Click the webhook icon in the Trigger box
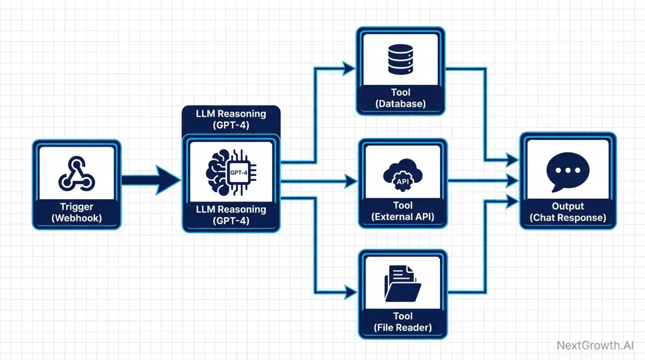(x=77, y=174)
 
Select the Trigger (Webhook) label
(x=77, y=212)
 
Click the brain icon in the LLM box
(x=217, y=172)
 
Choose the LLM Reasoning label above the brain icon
(x=231, y=119)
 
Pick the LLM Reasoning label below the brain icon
(x=231, y=215)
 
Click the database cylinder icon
(x=400, y=59)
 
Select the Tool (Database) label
(x=400, y=98)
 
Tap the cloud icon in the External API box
(x=402, y=173)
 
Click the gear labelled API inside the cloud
(x=402, y=181)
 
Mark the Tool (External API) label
(x=402, y=211)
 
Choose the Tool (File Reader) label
(x=402, y=322)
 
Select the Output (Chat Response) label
(x=568, y=212)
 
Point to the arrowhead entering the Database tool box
(x=348, y=69)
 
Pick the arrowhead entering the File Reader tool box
(x=350, y=292)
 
